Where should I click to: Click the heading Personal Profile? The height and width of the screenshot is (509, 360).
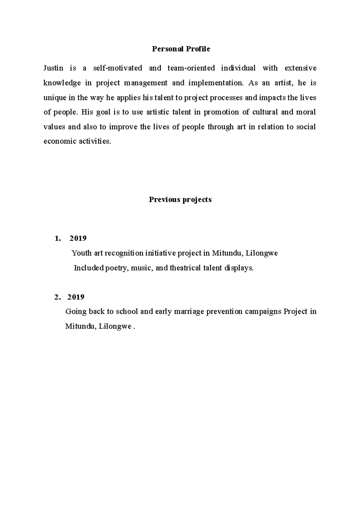click(x=181, y=49)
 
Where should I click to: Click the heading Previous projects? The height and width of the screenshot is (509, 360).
click(x=180, y=200)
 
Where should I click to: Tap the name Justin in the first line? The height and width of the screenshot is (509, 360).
click(x=53, y=68)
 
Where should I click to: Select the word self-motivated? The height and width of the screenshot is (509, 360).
click(x=118, y=68)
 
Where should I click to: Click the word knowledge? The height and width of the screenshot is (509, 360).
click(x=62, y=83)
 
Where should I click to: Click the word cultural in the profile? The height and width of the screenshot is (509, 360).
click(x=265, y=112)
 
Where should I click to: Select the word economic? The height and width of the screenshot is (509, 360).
click(x=56, y=141)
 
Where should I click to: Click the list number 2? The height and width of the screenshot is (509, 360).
click(x=57, y=297)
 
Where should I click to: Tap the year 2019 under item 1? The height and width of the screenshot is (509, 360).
click(x=78, y=239)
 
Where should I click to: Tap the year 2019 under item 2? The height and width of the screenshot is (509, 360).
click(x=76, y=297)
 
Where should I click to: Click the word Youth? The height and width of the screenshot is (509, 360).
click(x=81, y=253)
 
